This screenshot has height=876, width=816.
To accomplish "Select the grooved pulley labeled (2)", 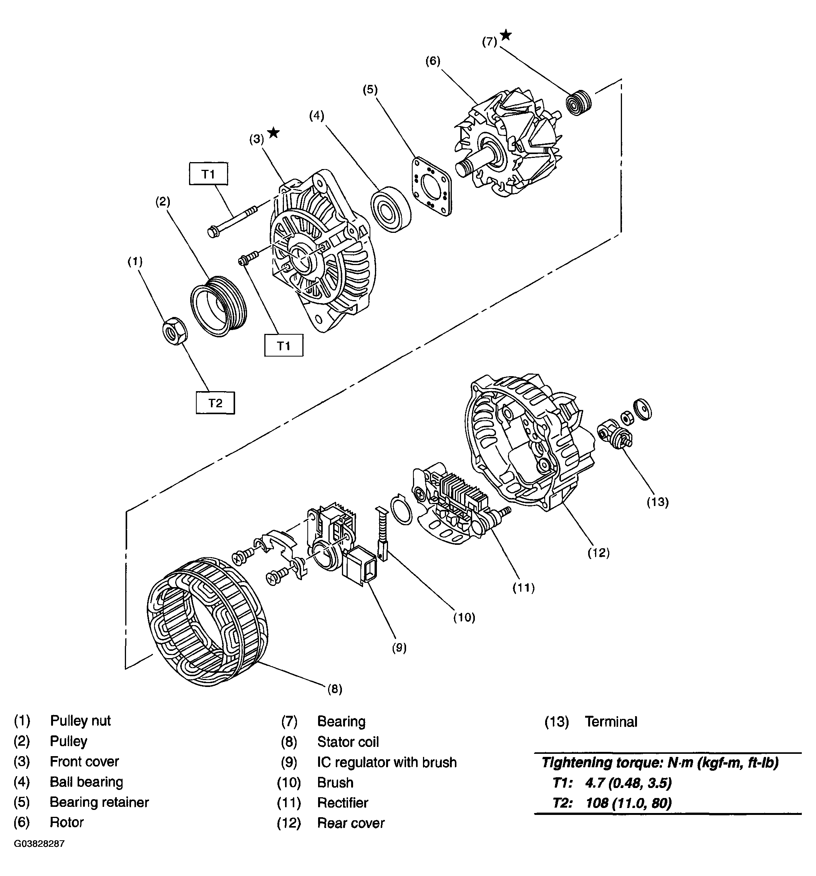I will pos(219,307).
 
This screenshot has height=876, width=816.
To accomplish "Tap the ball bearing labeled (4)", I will pos(390,209).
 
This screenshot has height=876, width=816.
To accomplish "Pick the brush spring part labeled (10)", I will pos(381,534).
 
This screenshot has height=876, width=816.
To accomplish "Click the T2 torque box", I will pos(215,403).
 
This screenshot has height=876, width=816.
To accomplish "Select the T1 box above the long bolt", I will pos(208,174).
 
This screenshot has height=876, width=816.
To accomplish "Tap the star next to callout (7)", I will pos(506,35).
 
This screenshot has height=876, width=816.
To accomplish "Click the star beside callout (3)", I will pos(274,133).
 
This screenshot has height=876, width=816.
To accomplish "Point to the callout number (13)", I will pos(657,502).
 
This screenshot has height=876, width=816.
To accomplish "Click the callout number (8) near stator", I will pos(335,689).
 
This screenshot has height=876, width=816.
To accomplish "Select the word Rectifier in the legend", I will pos(342,802).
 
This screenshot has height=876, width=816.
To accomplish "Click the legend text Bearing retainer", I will pos(99,802).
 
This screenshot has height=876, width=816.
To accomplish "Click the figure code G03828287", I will pos(39,843).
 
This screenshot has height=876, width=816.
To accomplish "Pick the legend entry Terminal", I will pos(611,722).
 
